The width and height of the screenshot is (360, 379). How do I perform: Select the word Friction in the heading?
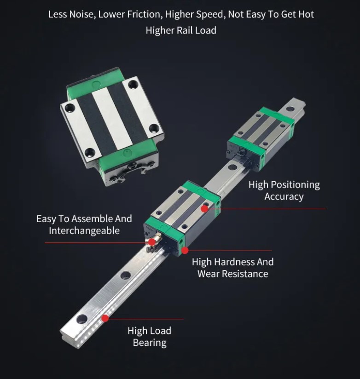tap(143, 14)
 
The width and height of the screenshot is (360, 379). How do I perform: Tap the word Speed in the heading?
tap(209, 14)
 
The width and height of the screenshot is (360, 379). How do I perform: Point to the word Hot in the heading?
tap(305, 14)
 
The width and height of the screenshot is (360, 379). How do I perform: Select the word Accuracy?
tap(284, 197)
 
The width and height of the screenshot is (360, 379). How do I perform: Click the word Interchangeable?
tap(84, 231)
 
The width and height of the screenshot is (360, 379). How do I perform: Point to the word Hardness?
tap(234, 262)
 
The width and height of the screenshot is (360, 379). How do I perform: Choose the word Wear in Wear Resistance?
tap(208, 274)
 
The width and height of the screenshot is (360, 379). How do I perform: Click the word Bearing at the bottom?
tap(150, 343)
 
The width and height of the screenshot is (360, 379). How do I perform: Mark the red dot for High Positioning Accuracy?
tap(204, 209)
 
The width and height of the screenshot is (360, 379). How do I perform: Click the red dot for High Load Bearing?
tap(105, 318)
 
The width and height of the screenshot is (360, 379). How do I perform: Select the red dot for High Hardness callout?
tap(185, 251)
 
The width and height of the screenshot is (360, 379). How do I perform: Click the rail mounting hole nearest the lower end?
tap(82, 318)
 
